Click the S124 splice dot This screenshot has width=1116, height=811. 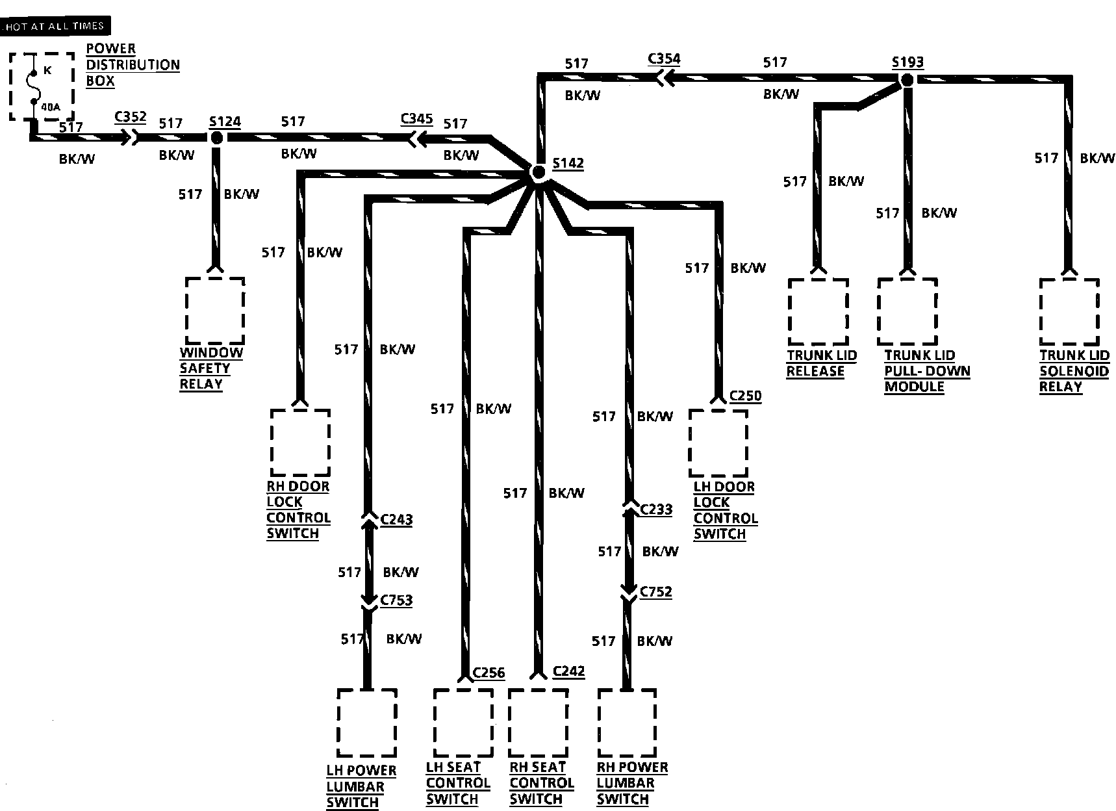[216, 138]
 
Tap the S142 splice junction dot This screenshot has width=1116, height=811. [538, 173]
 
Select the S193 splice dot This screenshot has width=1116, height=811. [907, 81]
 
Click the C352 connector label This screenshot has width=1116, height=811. [130, 118]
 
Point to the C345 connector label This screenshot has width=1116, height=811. [416, 119]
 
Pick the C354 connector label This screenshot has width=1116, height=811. [664, 59]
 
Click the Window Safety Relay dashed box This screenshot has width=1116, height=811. [215, 311]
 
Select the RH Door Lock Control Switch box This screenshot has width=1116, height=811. [300, 442]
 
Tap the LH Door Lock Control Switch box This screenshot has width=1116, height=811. [718, 443]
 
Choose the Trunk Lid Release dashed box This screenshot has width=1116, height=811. [818, 312]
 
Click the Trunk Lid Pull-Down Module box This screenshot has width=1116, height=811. [907, 312]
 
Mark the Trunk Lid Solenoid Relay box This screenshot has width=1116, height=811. [1069, 312]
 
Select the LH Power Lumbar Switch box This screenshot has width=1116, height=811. [367, 723]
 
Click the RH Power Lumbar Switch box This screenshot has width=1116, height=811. [626, 723]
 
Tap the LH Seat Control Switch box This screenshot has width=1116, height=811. [463, 723]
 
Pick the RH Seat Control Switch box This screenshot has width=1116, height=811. [538, 723]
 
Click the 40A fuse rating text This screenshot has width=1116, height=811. [51, 107]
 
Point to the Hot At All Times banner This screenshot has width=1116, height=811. [55, 26]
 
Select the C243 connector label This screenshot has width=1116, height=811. [396, 519]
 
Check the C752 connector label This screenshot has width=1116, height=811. [655, 591]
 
